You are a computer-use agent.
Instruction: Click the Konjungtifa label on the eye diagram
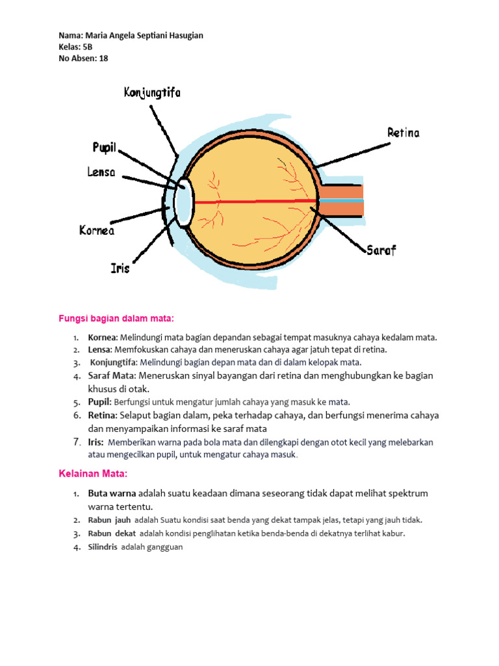point(152,93)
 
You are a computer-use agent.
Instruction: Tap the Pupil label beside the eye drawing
point(104,148)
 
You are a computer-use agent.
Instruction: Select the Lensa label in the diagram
point(101,172)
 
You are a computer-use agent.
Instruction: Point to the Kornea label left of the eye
point(97,230)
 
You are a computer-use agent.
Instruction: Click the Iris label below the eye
point(120,267)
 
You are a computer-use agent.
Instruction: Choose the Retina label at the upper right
point(403,133)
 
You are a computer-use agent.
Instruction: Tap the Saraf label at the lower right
point(381,250)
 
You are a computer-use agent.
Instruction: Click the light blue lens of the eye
point(183,202)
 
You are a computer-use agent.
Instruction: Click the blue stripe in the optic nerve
point(342,201)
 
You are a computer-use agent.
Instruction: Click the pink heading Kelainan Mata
point(94,473)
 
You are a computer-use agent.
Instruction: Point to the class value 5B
point(88,47)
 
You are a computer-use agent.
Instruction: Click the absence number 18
point(103,58)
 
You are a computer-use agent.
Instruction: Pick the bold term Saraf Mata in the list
point(111,376)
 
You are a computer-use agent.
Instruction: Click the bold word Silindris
point(103,547)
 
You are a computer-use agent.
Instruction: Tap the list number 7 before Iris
point(76,442)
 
